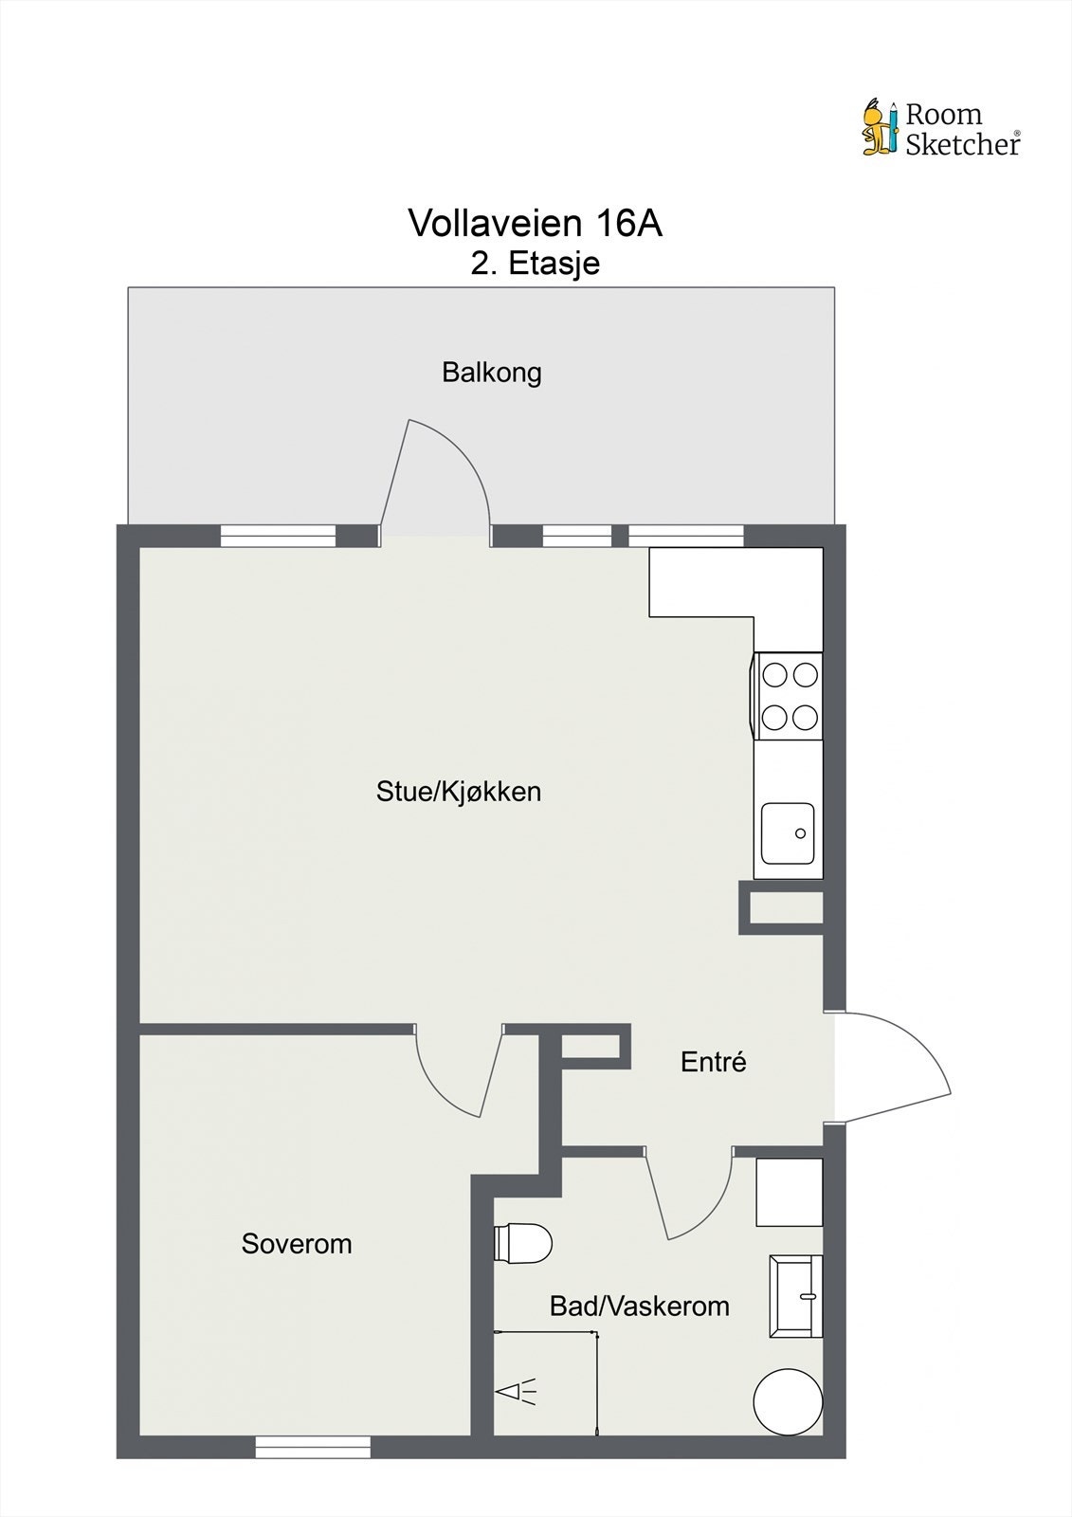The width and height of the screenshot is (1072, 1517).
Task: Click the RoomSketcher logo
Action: click(940, 129)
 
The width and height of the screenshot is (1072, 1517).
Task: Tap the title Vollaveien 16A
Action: click(535, 224)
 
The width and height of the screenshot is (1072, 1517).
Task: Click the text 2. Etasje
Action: click(535, 264)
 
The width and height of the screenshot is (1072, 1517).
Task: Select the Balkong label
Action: click(491, 373)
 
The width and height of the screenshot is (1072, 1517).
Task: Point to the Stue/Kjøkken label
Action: click(458, 792)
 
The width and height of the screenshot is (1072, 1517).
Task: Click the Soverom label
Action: click(296, 1244)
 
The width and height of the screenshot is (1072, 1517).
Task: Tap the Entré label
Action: click(713, 1062)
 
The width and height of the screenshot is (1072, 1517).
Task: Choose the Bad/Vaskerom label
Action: click(639, 1307)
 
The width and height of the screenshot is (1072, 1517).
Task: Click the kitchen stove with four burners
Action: click(789, 696)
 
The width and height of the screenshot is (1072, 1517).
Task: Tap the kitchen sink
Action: click(789, 834)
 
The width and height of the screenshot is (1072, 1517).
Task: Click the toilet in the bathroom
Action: click(523, 1243)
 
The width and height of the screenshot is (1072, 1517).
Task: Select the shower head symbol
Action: click(516, 1392)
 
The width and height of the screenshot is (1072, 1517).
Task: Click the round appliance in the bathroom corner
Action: click(788, 1401)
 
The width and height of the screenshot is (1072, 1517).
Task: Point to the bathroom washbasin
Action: click(796, 1296)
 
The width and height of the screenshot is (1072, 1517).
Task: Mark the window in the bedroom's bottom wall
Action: click(312, 1447)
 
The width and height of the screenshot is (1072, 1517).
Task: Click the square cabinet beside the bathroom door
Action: click(789, 1192)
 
